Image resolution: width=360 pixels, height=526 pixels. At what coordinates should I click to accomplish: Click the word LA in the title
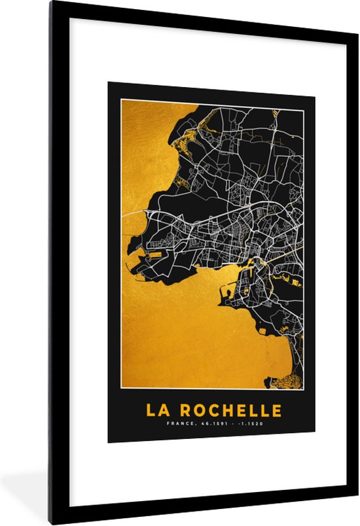coord(155,410)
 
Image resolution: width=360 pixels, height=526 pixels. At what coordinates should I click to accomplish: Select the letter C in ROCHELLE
coord(212,410)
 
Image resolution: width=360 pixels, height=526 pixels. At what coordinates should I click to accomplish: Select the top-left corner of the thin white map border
coord(120,102)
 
